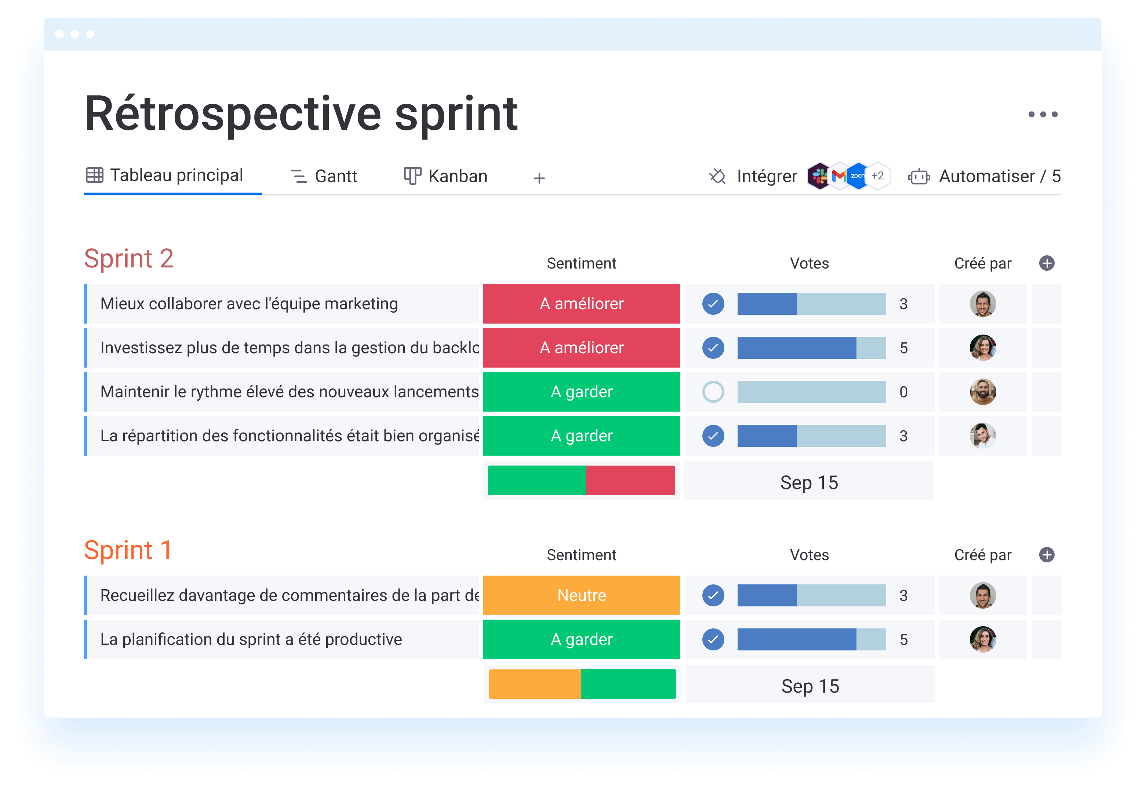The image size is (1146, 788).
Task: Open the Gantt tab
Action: pyautogui.click(x=324, y=176)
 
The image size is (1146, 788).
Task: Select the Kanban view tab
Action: pyautogui.click(x=445, y=176)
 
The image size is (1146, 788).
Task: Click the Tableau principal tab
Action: pyautogui.click(x=164, y=175)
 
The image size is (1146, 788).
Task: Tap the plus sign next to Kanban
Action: pyautogui.click(x=539, y=178)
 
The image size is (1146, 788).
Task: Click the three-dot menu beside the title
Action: pyautogui.click(x=1043, y=114)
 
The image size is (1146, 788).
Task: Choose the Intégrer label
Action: pyautogui.click(x=767, y=176)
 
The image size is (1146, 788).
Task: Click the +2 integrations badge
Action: pyautogui.click(x=877, y=176)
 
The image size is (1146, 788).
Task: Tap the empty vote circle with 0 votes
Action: pyautogui.click(x=713, y=392)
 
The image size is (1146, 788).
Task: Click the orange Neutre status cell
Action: pyautogui.click(x=582, y=595)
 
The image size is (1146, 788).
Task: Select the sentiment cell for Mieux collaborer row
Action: pyautogui.click(x=582, y=304)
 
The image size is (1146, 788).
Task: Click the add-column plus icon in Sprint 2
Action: pyautogui.click(x=1047, y=263)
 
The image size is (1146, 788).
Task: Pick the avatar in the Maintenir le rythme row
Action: pyautogui.click(x=983, y=392)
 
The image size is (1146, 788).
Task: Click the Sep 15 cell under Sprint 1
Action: pyautogui.click(x=810, y=686)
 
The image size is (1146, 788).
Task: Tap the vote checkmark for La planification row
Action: pyautogui.click(x=713, y=639)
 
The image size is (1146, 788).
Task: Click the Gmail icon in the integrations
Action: pyautogui.click(x=839, y=176)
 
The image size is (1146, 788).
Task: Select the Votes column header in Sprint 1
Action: pyautogui.click(x=809, y=555)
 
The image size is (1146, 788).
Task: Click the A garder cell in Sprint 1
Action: pyautogui.click(x=582, y=639)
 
